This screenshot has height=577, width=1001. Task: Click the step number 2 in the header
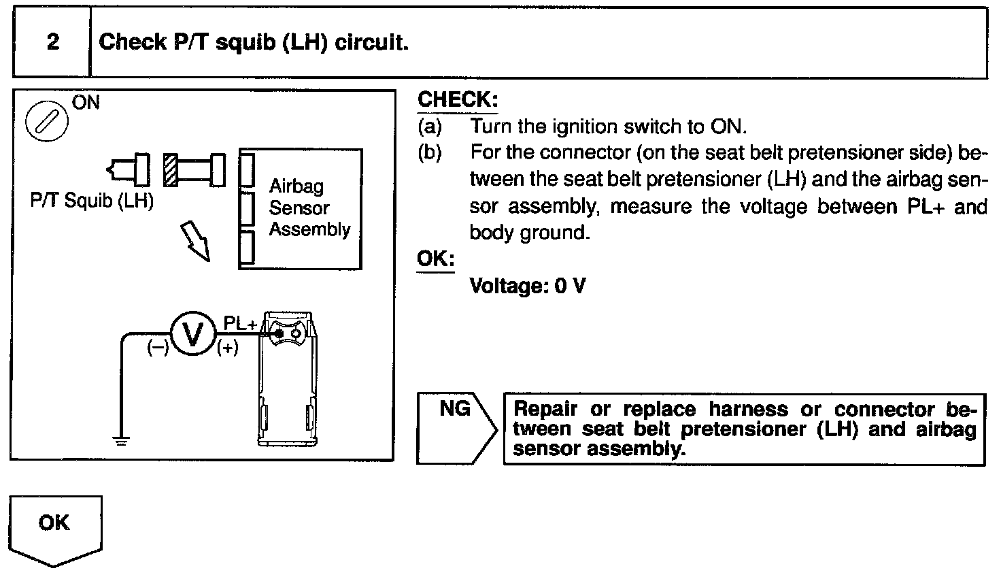[52, 42]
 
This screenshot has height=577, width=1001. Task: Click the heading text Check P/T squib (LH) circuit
[253, 42]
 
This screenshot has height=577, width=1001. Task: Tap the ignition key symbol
[46, 123]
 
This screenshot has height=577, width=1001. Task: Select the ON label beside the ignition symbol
[85, 103]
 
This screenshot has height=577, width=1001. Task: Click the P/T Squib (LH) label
[92, 202]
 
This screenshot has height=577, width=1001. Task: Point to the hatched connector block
[171, 169]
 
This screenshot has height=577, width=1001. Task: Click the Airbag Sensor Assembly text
[309, 208]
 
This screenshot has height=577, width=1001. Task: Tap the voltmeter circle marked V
[192, 334]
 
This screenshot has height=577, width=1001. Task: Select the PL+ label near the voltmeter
[240, 325]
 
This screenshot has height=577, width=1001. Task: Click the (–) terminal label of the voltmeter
[158, 348]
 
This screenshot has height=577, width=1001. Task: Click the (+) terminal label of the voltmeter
[228, 349]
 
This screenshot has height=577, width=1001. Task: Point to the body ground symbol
[122, 440]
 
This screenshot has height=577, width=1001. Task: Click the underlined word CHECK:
[457, 100]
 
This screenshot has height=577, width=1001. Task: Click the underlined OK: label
[435, 260]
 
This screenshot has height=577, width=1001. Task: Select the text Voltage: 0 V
[527, 286]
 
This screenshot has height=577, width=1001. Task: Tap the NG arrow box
[456, 428]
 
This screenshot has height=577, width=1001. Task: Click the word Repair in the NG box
[545, 410]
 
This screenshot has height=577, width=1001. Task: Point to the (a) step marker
[429, 127]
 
